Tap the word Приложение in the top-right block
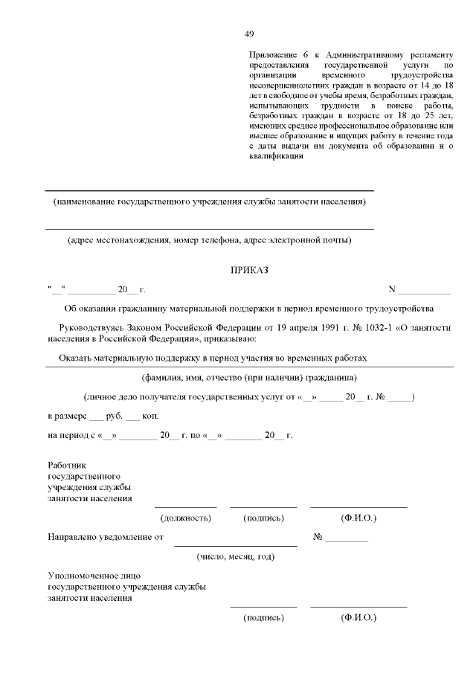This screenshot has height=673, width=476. (x=271, y=55)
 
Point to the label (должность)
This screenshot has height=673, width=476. (x=186, y=518)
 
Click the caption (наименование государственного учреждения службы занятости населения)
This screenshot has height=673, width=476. (x=209, y=202)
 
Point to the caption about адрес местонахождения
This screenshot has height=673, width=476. (x=209, y=240)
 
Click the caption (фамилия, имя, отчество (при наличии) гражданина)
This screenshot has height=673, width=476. (x=249, y=376)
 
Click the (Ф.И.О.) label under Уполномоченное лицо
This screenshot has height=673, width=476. (x=358, y=617)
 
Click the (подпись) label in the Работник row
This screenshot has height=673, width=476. (x=263, y=518)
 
